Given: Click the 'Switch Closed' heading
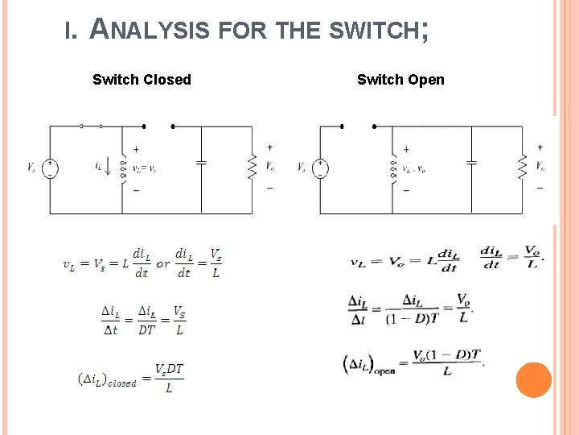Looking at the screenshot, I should (x=142, y=79).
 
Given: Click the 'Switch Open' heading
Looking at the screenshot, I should (x=400, y=79).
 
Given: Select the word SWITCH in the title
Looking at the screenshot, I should (x=376, y=31).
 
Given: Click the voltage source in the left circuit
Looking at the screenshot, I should (x=50, y=168).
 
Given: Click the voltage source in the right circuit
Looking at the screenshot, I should (x=320, y=168).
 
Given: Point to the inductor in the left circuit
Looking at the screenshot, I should (x=123, y=168).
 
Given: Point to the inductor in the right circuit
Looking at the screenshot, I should (x=393, y=168).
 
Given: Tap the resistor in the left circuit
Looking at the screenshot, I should (x=253, y=168).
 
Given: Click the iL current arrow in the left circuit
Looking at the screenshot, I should (x=109, y=169).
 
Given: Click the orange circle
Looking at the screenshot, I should (x=533, y=379).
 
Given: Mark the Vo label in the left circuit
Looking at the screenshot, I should (x=271, y=167).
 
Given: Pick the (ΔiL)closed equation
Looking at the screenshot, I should (x=131, y=378).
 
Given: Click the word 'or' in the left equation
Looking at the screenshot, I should (x=163, y=263).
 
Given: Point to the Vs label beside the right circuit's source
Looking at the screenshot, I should (x=302, y=168).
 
